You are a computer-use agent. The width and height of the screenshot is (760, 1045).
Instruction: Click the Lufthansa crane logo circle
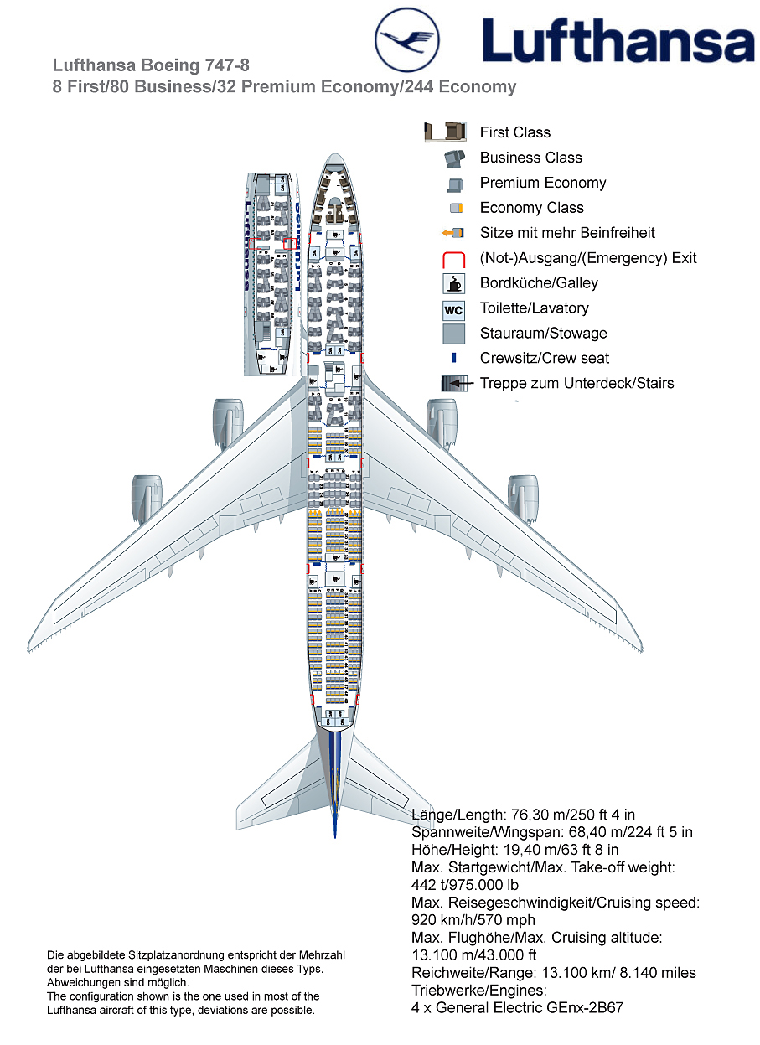[407, 39]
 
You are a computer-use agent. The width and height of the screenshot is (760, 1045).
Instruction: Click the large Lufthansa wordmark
[618, 42]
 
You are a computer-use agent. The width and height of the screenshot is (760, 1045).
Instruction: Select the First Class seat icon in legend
[445, 132]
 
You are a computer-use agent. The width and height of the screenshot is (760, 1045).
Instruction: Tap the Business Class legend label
[530, 158]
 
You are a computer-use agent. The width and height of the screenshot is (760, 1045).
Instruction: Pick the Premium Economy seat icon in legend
[455, 184]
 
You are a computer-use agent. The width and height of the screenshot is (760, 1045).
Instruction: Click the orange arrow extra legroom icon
[452, 233]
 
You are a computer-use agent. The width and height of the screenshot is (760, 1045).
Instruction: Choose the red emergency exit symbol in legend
[453, 259]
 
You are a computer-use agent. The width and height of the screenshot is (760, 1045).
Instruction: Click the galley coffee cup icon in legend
[453, 283]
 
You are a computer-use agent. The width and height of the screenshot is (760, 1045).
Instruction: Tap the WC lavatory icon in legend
[453, 309]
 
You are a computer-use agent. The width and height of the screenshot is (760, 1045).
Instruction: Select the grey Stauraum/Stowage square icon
[453, 334]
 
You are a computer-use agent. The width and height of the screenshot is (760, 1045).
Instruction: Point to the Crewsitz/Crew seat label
[544, 359]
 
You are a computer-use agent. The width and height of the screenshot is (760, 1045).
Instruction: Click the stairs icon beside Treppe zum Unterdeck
[453, 384]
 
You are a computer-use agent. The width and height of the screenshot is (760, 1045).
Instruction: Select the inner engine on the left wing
[227, 421]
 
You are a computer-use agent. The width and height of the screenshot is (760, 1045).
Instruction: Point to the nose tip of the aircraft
[335, 156]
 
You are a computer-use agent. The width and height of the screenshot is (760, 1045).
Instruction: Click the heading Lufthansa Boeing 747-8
[151, 65]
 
